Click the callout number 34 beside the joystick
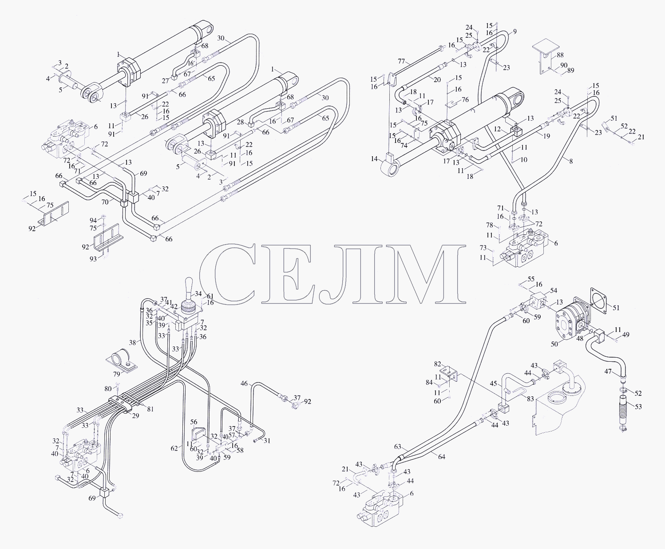tap(198, 293)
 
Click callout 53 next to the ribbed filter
tap(638, 407)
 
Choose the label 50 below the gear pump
tap(554, 344)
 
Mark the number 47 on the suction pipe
tap(608, 371)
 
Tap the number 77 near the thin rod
tap(402, 61)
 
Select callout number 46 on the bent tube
tap(244, 383)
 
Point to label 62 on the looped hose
tap(174, 448)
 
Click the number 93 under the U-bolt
tap(93, 259)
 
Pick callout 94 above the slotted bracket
tap(93, 221)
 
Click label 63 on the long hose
tap(397, 446)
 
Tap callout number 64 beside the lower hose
tap(441, 457)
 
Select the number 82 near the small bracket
tap(438, 363)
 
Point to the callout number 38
tap(132, 343)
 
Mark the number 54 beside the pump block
tap(554, 290)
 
